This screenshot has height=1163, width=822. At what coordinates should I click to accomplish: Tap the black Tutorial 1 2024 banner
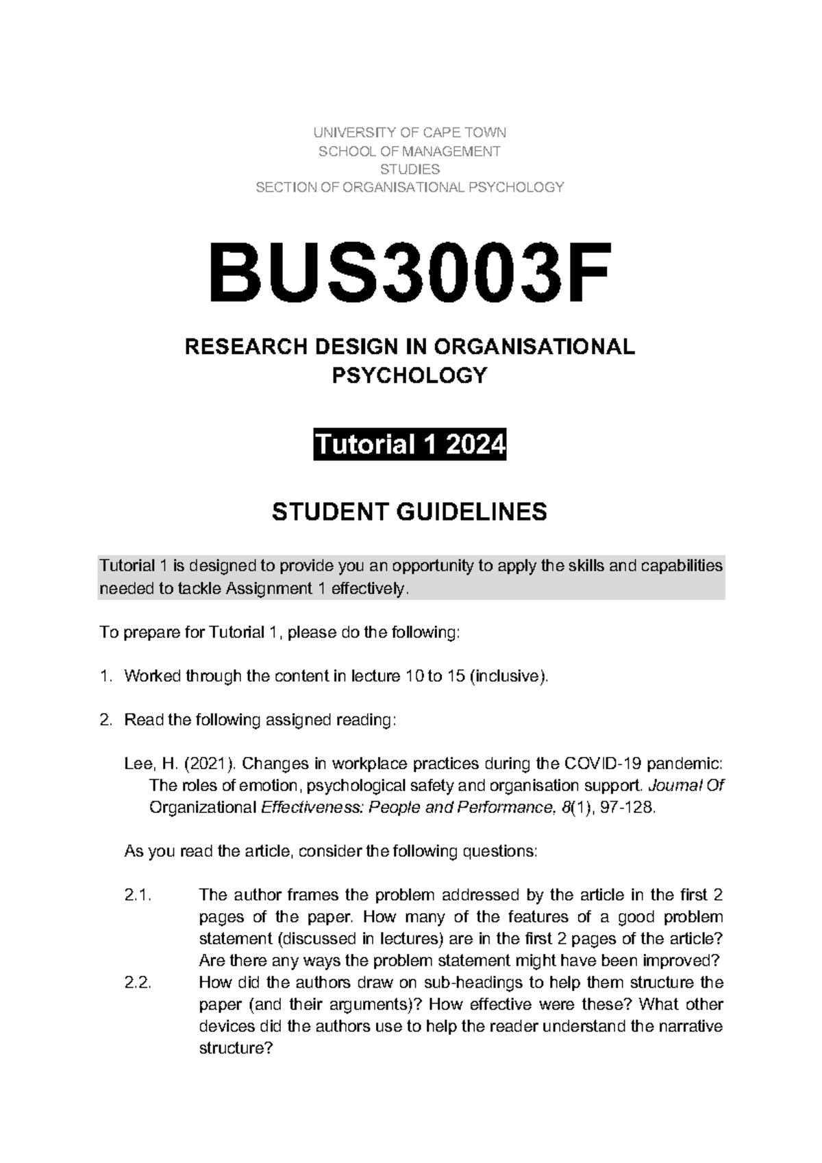pyautogui.click(x=410, y=445)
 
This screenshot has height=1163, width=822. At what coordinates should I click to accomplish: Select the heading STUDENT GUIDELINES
pyautogui.click(x=410, y=512)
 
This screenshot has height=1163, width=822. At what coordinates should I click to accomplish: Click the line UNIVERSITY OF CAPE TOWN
pyautogui.click(x=410, y=133)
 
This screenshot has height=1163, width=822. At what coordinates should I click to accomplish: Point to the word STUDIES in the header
pyautogui.click(x=410, y=169)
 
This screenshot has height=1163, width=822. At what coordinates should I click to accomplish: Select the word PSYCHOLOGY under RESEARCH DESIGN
pyautogui.click(x=410, y=375)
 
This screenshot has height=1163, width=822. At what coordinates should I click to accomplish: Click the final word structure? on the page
pyautogui.click(x=235, y=1049)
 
